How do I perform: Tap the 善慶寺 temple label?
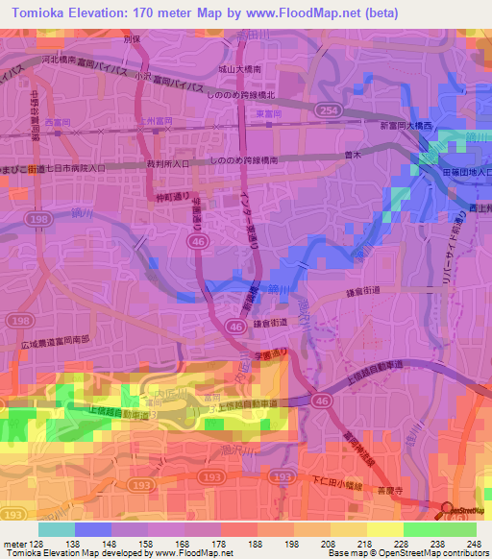[391, 487]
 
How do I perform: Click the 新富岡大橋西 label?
[407, 126]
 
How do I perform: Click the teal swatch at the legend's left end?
[56, 529]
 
